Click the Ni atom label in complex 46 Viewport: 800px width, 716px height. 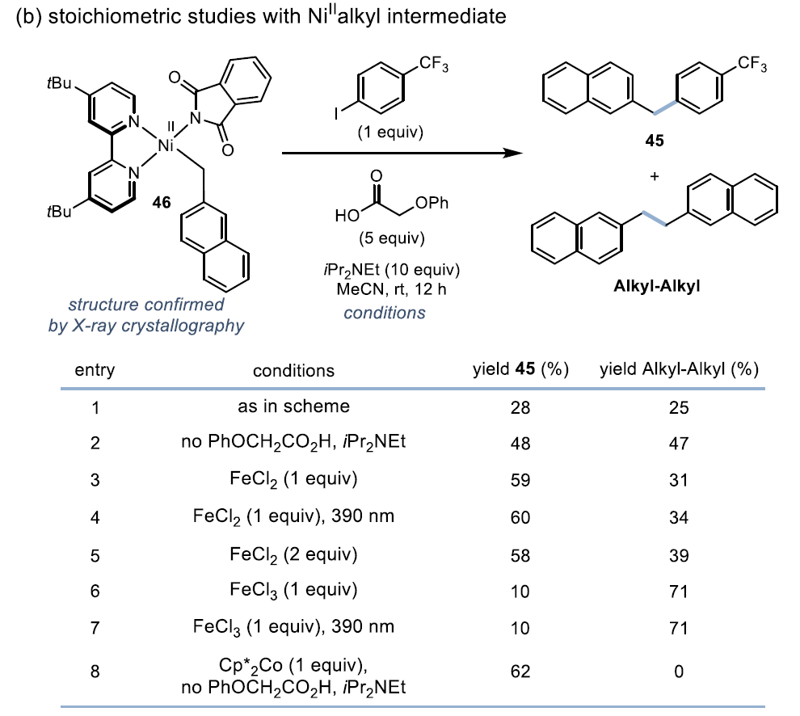tap(166, 147)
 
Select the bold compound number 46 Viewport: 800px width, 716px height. tap(161, 202)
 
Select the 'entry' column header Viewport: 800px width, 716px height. tap(95, 370)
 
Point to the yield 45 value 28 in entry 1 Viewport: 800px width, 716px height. tap(520, 407)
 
